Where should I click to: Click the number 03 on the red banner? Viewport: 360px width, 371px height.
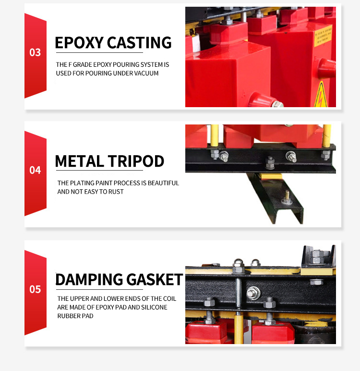click(x=35, y=52)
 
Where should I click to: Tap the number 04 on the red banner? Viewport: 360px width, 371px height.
click(x=35, y=170)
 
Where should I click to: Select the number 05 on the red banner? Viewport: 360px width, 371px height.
click(x=35, y=289)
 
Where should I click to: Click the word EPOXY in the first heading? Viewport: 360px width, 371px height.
click(x=79, y=43)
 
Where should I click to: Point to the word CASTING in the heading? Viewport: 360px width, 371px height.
click(x=139, y=43)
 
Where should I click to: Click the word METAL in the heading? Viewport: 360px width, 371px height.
click(x=80, y=161)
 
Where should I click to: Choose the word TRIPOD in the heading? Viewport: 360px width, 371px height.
click(x=136, y=161)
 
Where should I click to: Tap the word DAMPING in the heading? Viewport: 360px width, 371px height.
click(x=89, y=279)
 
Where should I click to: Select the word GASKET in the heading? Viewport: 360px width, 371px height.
click(x=155, y=279)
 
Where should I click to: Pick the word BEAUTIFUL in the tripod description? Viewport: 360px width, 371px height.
click(x=163, y=183)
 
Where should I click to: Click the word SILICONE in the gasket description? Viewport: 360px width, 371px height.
click(x=154, y=308)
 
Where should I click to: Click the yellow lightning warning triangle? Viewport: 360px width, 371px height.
click(x=321, y=95)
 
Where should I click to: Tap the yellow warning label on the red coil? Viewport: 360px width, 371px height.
click(x=323, y=36)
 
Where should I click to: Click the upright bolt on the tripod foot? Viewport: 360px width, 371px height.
click(x=287, y=198)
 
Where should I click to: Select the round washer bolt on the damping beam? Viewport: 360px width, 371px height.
click(x=253, y=293)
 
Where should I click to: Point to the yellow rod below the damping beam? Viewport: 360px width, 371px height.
click(x=239, y=328)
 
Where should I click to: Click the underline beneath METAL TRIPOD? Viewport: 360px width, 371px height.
click(x=99, y=170)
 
